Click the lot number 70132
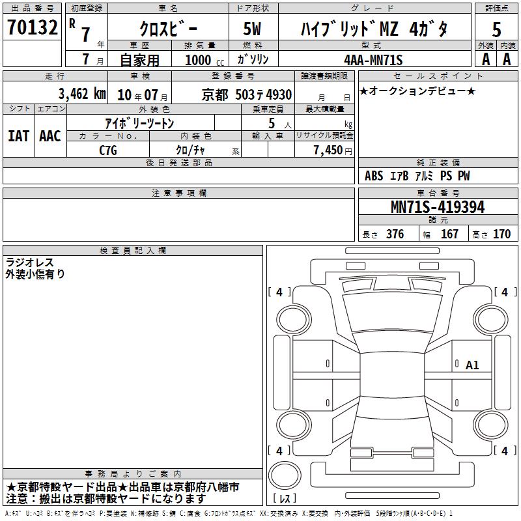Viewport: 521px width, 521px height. [32, 27]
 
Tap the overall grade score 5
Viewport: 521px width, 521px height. [496, 29]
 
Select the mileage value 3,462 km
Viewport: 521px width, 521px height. [82, 94]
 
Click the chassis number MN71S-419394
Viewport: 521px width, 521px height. [438, 207]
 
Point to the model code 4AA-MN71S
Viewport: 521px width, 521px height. [373, 60]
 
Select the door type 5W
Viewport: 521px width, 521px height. [252, 29]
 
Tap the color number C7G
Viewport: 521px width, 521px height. [108, 150]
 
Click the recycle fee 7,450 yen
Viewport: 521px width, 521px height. [333, 150]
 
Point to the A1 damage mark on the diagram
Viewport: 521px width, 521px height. [472, 365]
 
